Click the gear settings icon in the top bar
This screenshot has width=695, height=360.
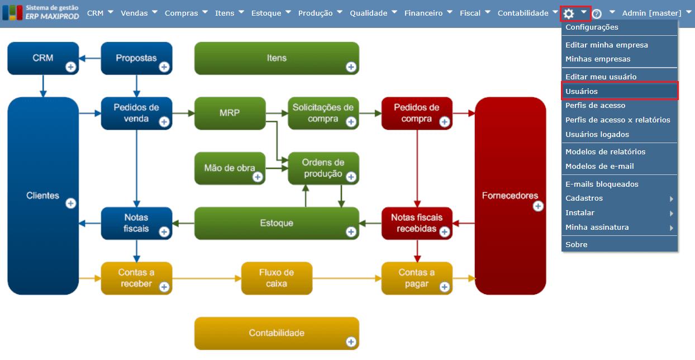569,13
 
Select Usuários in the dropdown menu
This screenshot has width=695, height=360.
582,91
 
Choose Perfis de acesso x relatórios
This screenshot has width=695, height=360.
617,120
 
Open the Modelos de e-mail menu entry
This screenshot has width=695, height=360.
599,166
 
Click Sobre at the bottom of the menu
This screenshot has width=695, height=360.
576,244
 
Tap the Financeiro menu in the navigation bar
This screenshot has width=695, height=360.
423,13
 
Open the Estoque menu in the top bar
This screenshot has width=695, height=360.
266,13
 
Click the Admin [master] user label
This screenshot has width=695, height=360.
651,13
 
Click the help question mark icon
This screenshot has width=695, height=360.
597,14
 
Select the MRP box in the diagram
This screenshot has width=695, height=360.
230,113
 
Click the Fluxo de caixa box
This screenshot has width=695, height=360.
277,278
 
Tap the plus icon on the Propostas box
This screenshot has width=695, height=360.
164,67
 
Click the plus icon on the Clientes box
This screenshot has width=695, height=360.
71,203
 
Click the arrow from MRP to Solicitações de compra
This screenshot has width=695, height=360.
277,113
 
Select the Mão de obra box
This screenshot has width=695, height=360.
230,168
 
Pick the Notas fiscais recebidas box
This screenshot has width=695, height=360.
416,222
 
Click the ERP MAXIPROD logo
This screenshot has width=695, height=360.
41,12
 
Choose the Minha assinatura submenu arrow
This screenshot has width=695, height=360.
671,228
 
